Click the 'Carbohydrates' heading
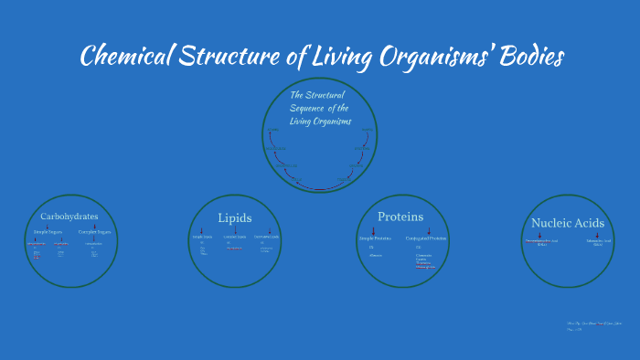tap(69, 217)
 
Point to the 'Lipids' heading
tap(234, 217)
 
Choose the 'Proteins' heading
tap(400, 217)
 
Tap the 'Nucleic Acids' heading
tap(567, 222)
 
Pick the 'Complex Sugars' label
tap(94, 232)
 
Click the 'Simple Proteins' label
tap(373, 238)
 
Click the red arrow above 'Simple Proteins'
tap(373, 230)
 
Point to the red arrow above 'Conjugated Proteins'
tap(429, 230)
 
